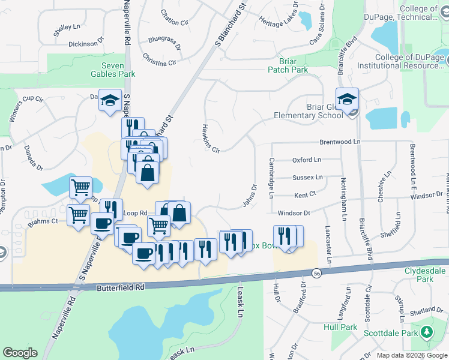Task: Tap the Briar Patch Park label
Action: tap(293, 65)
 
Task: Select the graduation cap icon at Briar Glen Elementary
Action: tap(347, 100)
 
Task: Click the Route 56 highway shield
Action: tap(316, 274)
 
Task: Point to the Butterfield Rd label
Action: tap(121, 288)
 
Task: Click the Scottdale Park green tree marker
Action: tap(426, 331)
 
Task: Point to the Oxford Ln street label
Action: tap(307, 160)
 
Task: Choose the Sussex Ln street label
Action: tap(307, 178)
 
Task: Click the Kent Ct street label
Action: tap(305, 195)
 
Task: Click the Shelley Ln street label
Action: tap(67, 27)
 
